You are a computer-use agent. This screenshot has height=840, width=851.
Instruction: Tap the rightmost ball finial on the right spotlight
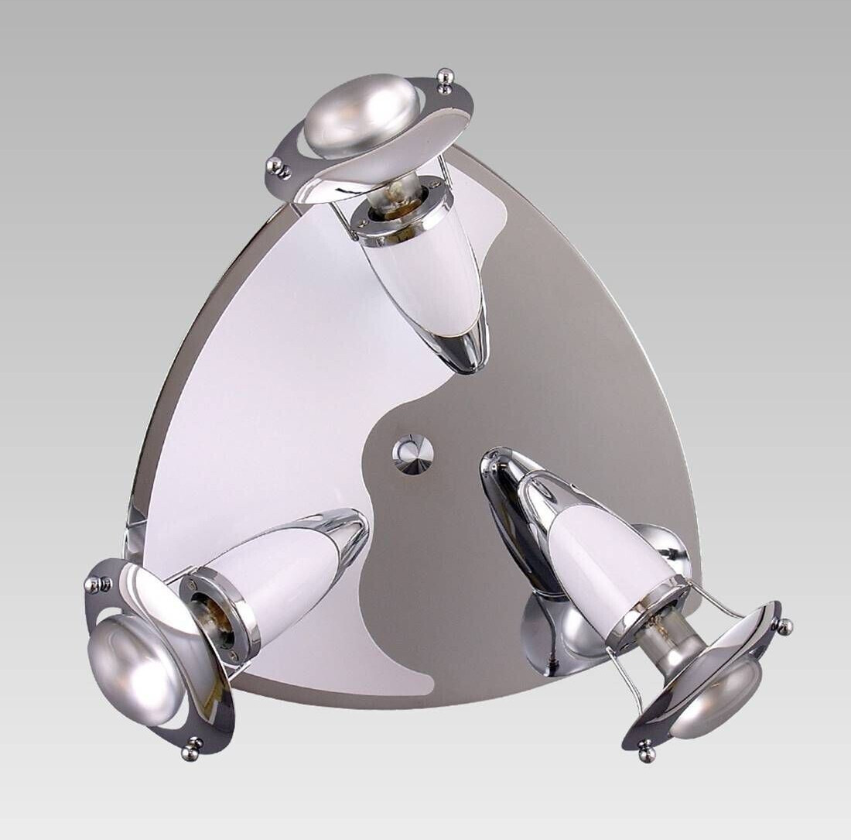pos(785,625)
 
